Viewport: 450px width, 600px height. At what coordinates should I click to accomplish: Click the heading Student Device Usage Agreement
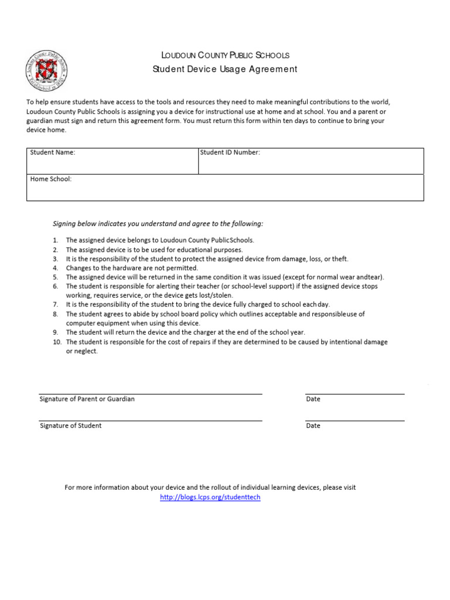225,69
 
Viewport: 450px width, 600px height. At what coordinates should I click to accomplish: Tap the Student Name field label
53,152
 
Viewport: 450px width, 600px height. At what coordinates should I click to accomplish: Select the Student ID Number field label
230,152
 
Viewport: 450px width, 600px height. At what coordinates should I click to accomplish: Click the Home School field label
51,179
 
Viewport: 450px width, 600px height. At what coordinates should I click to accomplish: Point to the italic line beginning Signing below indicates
158,224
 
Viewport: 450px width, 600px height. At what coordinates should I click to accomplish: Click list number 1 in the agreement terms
55,240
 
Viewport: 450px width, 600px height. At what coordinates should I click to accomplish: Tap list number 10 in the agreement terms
56,342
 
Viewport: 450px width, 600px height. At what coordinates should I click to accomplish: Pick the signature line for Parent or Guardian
151,393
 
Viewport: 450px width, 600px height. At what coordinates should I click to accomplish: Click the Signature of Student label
70,426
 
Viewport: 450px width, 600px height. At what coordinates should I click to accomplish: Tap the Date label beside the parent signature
313,399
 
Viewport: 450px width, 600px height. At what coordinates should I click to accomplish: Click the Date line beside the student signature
354,420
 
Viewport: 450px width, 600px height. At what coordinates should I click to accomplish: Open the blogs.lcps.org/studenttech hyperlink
210,497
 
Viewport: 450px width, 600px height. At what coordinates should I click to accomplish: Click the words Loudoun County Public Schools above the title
225,56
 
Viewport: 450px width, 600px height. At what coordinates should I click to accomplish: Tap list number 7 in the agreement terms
55,305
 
